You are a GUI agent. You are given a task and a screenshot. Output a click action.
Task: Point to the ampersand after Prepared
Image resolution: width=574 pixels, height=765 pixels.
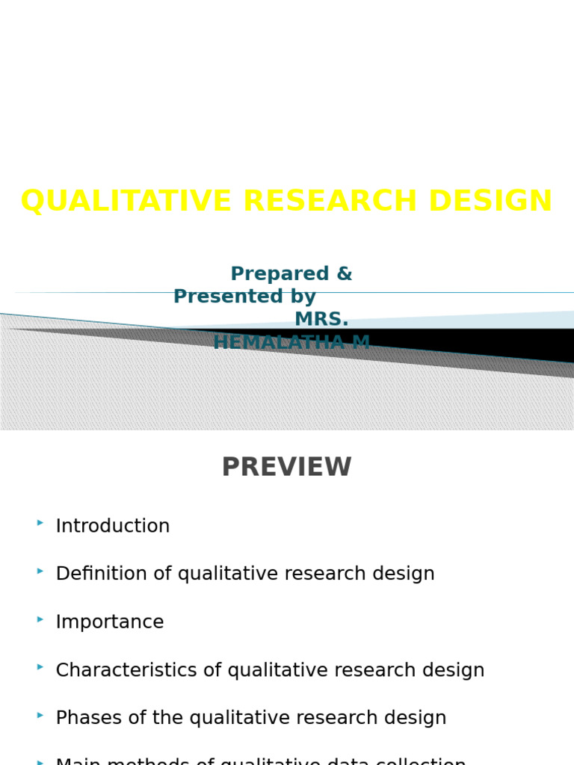click(344, 274)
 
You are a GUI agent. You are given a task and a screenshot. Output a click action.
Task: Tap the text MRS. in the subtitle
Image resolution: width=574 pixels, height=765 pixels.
click(321, 320)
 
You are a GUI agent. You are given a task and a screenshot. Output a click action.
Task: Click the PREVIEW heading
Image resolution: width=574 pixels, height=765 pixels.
click(286, 468)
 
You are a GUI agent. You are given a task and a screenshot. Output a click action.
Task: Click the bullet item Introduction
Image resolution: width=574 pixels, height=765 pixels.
click(113, 526)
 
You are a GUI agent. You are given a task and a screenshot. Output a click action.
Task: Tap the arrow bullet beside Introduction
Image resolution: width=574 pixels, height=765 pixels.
click(40, 523)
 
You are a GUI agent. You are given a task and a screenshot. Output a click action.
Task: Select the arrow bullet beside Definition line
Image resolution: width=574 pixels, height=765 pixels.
click(40, 571)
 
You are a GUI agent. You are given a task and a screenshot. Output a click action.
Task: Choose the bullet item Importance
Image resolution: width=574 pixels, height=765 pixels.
click(110, 622)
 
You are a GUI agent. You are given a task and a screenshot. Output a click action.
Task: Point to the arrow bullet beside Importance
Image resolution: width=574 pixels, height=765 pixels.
click(40, 619)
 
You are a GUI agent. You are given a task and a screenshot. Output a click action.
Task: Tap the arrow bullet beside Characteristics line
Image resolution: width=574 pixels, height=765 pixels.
click(40, 667)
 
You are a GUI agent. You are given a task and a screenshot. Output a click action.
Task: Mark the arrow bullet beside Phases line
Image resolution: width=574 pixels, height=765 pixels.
click(40, 715)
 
